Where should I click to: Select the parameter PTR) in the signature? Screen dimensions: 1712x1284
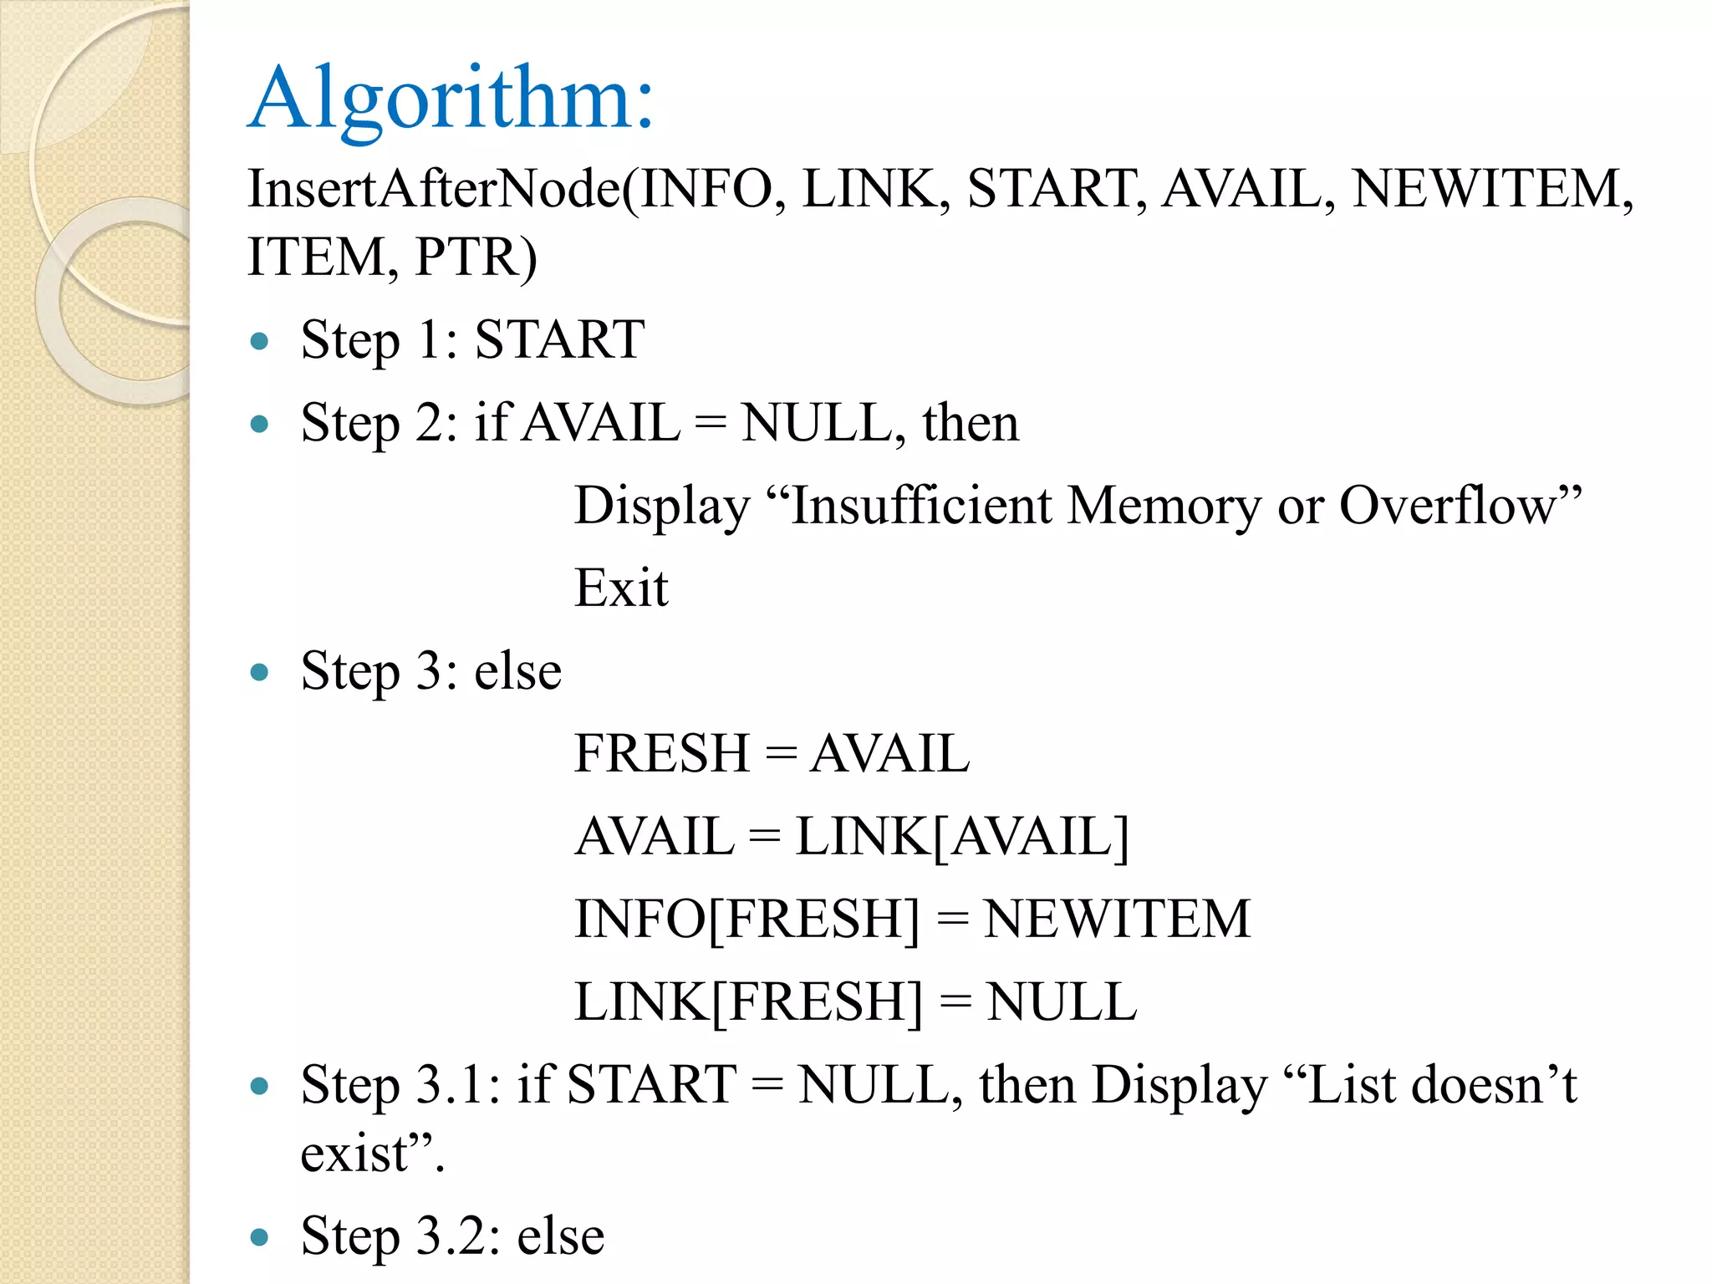476,257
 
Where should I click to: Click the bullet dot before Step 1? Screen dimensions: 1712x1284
259,341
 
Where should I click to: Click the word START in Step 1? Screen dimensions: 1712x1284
559,339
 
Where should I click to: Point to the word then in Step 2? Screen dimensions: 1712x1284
971,422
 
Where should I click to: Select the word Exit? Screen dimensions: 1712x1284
621,588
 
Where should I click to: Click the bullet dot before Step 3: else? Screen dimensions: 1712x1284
259,672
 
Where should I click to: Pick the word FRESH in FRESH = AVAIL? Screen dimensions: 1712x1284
661,753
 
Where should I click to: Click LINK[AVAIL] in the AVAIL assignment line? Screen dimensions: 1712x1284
961,836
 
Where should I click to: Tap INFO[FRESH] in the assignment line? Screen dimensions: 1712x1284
746,919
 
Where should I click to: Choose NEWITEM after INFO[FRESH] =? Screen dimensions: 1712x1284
1116,919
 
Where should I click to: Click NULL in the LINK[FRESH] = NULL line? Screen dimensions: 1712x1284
1061,1001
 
